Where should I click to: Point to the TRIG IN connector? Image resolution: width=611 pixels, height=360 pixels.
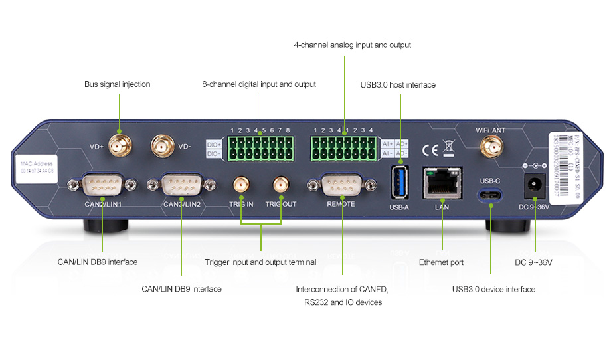click(x=240, y=184)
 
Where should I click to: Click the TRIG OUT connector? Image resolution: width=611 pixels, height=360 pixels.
click(x=280, y=184)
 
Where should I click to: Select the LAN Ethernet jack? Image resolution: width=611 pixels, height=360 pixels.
click(x=442, y=181)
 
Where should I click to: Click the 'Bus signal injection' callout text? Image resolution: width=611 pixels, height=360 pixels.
click(x=117, y=84)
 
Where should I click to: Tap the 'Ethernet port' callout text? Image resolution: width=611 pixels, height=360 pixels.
click(x=441, y=262)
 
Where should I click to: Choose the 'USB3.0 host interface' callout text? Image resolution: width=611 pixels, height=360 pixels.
click(x=398, y=85)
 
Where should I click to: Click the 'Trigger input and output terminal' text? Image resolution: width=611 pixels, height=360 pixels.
click(x=260, y=262)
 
